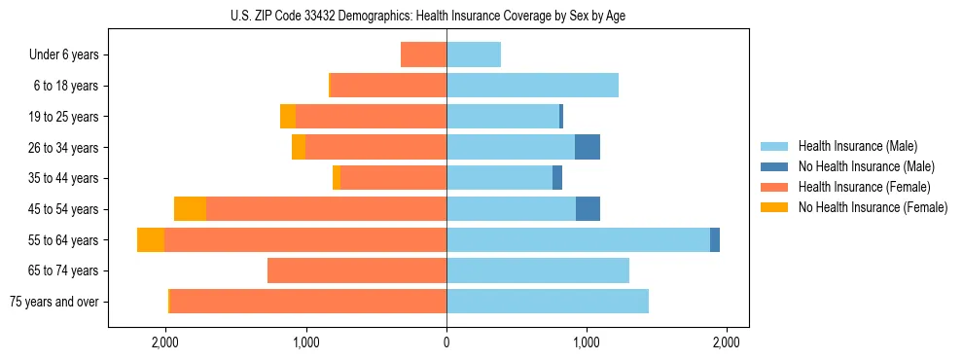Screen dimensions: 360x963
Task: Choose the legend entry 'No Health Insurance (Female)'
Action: pos(872,207)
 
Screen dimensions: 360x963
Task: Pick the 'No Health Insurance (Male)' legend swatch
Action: pos(776,166)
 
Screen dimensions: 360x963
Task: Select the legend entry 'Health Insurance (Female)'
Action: pos(864,187)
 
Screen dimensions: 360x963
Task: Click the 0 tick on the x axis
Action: pos(446,342)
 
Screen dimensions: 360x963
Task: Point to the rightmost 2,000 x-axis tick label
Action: pos(727,342)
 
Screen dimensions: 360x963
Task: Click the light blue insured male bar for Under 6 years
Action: pos(474,54)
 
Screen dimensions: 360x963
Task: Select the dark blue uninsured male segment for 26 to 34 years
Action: pos(588,147)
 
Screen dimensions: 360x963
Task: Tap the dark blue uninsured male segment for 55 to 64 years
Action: pos(715,239)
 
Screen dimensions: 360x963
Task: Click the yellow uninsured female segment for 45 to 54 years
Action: pos(190,209)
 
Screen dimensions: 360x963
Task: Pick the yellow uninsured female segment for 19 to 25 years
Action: pos(288,117)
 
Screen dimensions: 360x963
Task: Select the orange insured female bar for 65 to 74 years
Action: pos(357,270)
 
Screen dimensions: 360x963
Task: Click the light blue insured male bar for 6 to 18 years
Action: pos(532,86)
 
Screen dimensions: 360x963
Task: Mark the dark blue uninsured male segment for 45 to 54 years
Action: pos(588,209)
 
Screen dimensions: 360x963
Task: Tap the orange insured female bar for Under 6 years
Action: pos(423,54)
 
